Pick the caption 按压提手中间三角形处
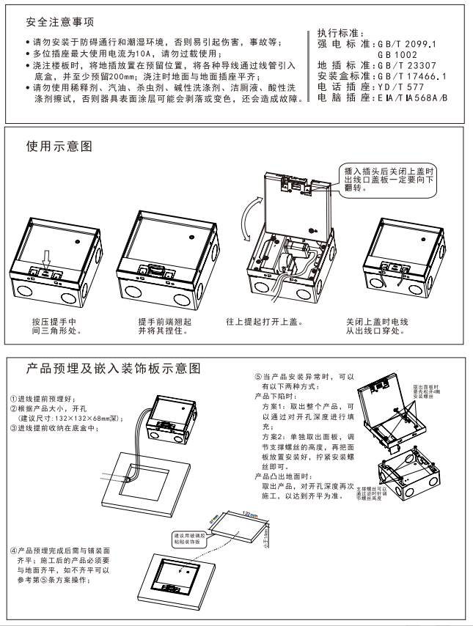(55, 325)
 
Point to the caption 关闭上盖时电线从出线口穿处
(377, 325)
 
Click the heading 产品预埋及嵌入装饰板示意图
(113, 367)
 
